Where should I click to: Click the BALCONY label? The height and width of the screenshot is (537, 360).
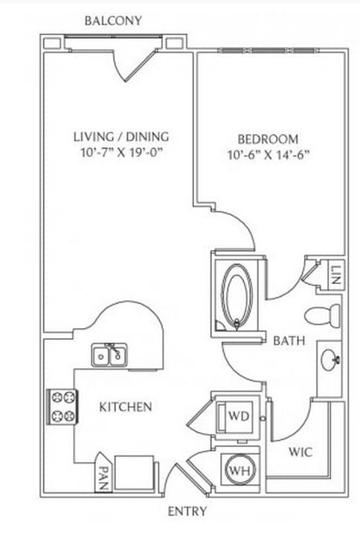click(x=113, y=21)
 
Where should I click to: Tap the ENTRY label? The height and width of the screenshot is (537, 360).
click(x=187, y=511)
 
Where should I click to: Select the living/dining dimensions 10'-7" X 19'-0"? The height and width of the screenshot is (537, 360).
click(x=121, y=152)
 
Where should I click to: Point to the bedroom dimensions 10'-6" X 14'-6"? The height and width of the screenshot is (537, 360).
click(x=269, y=155)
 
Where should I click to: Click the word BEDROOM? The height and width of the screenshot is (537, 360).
click(x=269, y=139)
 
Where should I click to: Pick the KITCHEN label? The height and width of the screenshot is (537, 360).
click(x=126, y=407)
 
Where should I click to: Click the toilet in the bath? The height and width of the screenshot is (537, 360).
click(x=322, y=315)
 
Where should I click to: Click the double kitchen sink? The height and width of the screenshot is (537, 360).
click(x=109, y=355)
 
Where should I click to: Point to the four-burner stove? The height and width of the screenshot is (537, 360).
click(x=62, y=407)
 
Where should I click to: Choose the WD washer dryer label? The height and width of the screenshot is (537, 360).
click(x=239, y=416)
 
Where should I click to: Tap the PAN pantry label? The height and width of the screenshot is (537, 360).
click(x=103, y=478)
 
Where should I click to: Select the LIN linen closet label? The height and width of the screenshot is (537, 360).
click(x=336, y=275)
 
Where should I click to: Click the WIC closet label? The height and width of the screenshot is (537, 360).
click(x=300, y=452)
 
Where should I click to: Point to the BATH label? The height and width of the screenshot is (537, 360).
click(x=289, y=341)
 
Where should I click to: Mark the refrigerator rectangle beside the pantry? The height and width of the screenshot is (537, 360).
click(x=134, y=473)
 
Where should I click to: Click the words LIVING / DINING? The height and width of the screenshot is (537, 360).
click(x=121, y=137)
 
